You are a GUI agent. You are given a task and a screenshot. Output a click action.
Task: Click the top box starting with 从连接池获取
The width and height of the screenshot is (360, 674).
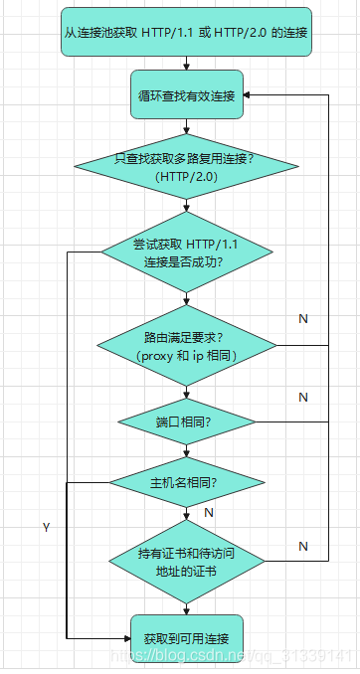[x=186, y=33]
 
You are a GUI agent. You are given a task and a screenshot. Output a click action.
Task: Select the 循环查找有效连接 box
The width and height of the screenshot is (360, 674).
[x=186, y=94]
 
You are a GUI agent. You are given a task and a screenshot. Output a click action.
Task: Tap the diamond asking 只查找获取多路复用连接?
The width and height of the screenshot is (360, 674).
[x=186, y=167]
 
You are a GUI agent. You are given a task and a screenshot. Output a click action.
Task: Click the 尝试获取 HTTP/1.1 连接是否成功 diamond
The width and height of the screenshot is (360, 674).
[x=186, y=253]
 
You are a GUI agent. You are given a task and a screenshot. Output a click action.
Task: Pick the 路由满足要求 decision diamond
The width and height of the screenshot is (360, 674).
[x=186, y=345]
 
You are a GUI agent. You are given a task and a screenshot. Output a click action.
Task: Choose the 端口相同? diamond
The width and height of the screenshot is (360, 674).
[x=186, y=421]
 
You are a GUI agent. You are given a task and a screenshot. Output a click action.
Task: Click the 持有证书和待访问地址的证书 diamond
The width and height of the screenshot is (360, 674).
[x=186, y=563]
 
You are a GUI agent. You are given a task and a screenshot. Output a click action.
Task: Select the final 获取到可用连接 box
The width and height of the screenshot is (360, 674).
[x=186, y=636]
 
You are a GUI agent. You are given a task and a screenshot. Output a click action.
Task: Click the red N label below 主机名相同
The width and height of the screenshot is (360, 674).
[x=209, y=512]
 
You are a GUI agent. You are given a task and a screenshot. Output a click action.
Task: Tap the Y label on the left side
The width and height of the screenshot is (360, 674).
[x=46, y=526]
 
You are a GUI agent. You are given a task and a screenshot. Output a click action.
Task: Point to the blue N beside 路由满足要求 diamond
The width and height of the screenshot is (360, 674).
[x=303, y=318]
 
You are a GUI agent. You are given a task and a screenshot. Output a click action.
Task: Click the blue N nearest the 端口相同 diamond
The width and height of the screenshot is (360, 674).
[x=303, y=397]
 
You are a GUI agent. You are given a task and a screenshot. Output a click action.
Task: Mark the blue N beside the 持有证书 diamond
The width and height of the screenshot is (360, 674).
[x=303, y=546]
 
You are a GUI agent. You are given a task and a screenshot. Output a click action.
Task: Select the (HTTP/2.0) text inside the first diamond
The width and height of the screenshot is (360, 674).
[x=186, y=176]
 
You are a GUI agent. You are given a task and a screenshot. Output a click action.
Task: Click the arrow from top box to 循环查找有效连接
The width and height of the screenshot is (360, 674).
[x=186, y=63]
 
